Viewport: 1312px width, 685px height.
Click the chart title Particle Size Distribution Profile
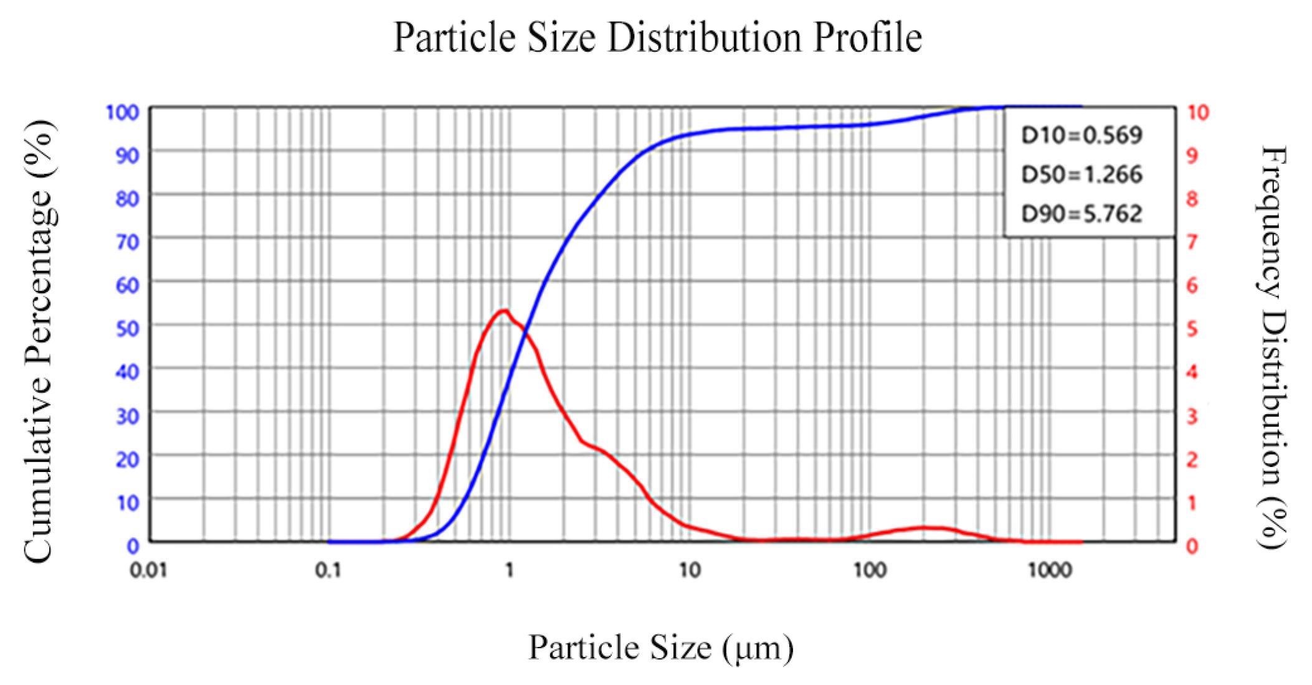[657, 37]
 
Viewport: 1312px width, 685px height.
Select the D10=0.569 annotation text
[1081, 135]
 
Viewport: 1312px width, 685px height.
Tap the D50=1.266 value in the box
[1081, 174]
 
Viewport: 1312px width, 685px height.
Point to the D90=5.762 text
[1081, 214]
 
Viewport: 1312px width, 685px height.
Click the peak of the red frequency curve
[503, 311]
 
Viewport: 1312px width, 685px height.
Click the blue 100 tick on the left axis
[122, 113]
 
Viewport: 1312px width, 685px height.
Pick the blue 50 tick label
[127, 328]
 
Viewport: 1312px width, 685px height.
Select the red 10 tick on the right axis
[1197, 113]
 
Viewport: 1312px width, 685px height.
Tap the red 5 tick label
[1192, 328]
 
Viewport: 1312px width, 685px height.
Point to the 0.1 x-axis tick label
[328, 570]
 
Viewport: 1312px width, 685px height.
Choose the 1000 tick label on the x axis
[1050, 570]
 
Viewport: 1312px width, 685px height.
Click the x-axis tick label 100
[870, 570]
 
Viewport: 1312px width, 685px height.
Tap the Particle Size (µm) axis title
[661, 648]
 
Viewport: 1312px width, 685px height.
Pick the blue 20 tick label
[127, 460]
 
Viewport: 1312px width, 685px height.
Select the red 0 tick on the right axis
[1192, 546]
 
